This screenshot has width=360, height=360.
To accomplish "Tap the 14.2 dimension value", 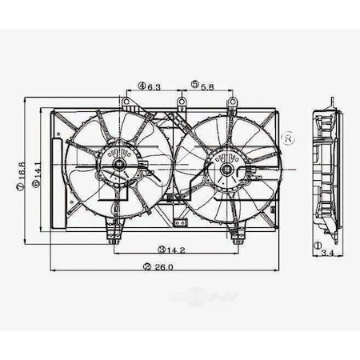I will coord(177,249).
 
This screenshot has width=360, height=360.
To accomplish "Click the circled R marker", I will coord(289,138).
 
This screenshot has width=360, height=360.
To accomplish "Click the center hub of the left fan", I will coord(119,166).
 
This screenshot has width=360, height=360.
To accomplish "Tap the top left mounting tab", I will coord(126,103).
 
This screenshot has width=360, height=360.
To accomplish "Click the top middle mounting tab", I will coord(182,103).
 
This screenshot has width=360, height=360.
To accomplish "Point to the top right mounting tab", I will coord(233,103).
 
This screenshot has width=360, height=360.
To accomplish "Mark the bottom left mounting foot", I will coord(117,236).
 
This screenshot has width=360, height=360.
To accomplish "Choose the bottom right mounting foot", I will coord(237,236).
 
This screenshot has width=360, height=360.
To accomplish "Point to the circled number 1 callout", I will coord(318,246).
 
